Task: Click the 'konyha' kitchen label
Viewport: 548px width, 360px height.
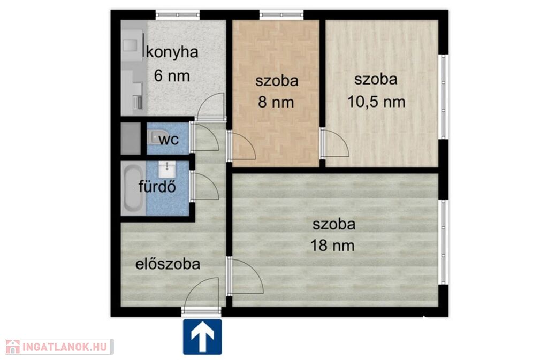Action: [x=172, y=53]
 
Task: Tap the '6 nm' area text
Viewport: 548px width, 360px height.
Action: [x=172, y=76]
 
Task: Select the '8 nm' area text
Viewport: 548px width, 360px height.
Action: [x=276, y=102]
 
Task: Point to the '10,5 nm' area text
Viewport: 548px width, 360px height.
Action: [x=376, y=102]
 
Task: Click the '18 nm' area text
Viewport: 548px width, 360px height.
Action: [x=332, y=246]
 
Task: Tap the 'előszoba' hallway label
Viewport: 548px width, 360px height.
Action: [x=168, y=264]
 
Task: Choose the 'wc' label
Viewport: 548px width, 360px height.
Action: [x=169, y=140]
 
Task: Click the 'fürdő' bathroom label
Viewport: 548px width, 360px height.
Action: [x=157, y=187]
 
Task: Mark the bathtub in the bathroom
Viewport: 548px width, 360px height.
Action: [x=133, y=188]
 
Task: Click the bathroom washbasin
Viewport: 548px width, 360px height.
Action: [x=168, y=170]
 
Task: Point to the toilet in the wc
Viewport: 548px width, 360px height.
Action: [x=153, y=137]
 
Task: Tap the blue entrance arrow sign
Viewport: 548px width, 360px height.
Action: [x=202, y=336]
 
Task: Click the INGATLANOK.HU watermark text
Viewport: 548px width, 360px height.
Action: [x=65, y=347]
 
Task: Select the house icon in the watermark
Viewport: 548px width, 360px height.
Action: [x=13, y=347]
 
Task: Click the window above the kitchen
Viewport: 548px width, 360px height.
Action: [x=178, y=14]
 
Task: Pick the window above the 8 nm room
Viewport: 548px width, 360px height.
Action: [x=281, y=14]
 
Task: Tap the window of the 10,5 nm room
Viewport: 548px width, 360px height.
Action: [x=443, y=97]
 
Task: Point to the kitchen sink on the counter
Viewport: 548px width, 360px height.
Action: [x=130, y=45]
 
